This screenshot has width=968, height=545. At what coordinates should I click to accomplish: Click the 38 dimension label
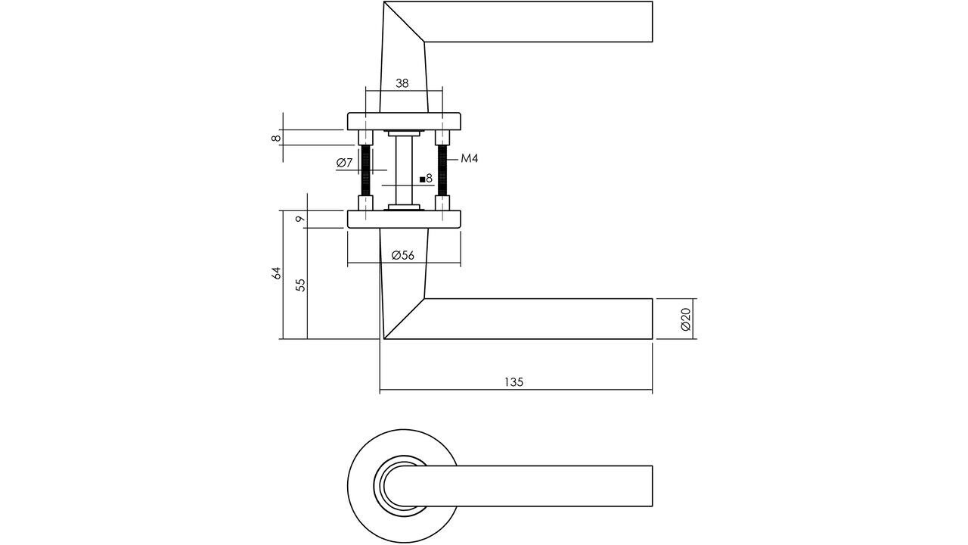click(x=402, y=83)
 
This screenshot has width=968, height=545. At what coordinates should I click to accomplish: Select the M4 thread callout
click(x=469, y=158)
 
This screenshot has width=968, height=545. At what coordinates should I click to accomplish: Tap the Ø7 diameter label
click(x=344, y=163)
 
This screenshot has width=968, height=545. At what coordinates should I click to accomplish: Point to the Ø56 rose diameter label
click(x=403, y=255)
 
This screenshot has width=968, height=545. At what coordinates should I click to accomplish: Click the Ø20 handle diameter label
click(x=685, y=319)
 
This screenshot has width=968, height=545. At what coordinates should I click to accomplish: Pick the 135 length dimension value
click(x=514, y=381)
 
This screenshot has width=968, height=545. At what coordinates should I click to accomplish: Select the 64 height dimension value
click(x=277, y=273)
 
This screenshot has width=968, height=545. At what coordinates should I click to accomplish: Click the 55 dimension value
click(x=300, y=285)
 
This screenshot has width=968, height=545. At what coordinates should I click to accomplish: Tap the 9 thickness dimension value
click(x=300, y=220)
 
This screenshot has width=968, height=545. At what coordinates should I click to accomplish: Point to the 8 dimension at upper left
click(x=278, y=137)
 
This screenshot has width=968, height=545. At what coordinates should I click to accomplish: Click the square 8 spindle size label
click(x=426, y=179)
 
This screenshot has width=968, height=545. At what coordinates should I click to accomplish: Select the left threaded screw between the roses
click(x=366, y=170)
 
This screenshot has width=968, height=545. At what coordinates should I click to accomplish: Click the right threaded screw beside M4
click(x=442, y=170)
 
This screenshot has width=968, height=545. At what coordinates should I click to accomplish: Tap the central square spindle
click(x=404, y=170)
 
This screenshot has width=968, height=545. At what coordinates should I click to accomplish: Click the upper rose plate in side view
click(x=404, y=121)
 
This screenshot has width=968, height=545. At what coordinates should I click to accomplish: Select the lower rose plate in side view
click(x=404, y=220)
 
